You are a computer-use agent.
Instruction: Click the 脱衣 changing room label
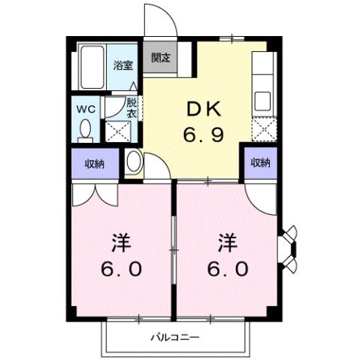click(x=132, y=107)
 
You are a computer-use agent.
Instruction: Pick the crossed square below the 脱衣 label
click(x=118, y=133)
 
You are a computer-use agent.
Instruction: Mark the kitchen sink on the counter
click(x=264, y=101)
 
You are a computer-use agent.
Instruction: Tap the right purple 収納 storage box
click(x=260, y=162)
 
